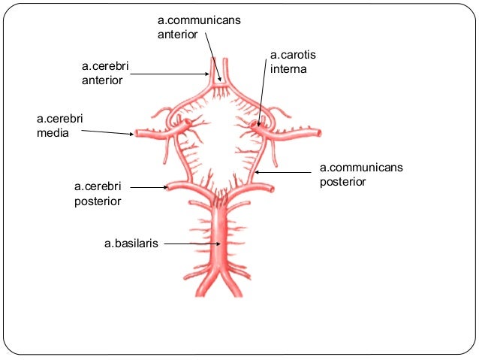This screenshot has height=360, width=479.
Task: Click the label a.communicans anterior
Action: point(199,27)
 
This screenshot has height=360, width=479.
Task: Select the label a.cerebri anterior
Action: point(105,74)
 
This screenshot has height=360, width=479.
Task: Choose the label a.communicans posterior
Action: point(361,174)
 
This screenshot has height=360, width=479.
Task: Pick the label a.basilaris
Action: point(131,244)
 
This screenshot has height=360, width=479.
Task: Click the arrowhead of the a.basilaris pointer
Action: point(219,244)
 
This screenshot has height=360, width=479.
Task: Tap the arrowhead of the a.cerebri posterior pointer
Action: point(168,186)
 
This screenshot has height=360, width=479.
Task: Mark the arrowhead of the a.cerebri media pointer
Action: point(134,134)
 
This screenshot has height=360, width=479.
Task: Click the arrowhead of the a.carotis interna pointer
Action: point(258,125)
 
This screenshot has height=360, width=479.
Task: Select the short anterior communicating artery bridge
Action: point(220,84)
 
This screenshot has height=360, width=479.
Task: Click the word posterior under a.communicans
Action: point(342,181)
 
